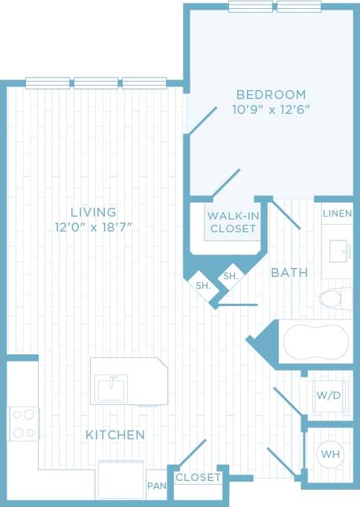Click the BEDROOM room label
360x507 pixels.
271,95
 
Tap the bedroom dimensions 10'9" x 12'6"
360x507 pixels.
271,109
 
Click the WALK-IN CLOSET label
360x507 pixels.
232,222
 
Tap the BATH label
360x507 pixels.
289,273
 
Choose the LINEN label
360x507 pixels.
337,214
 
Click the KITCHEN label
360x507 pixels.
115,434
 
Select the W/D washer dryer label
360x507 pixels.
328,395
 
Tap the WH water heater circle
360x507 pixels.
329,453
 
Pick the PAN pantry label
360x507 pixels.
156,486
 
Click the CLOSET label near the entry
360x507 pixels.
198,477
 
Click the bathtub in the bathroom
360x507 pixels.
315,342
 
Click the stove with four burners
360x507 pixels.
23,424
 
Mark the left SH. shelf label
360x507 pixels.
203,285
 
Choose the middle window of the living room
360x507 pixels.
95,83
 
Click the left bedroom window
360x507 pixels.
250,7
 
